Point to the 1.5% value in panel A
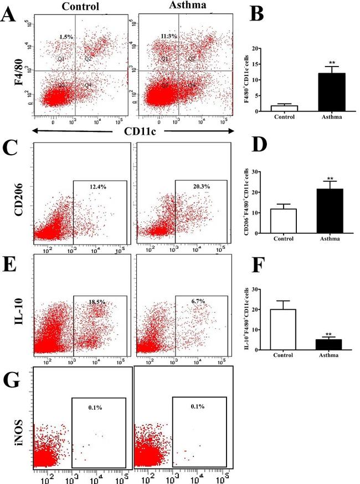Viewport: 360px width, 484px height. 66,37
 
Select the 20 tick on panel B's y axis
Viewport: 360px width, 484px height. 259,49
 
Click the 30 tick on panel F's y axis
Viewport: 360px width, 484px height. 259,289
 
